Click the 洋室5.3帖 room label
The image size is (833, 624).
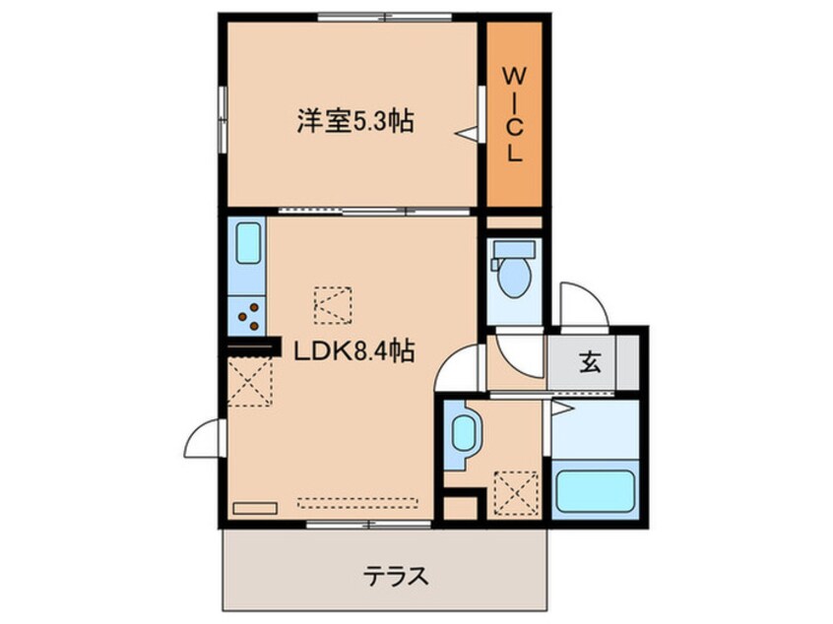click(x=355, y=120)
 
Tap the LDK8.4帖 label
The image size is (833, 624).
click(x=354, y=350)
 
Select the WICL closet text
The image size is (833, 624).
click(x=514, y=116)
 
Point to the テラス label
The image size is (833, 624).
click(x=396, y=576)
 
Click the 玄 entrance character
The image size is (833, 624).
click(x=590, y=362)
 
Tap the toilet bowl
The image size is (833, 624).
click(x=515, y=278)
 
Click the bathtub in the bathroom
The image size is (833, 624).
click(x=595, y=491)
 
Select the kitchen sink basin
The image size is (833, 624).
click(x=249, y=243)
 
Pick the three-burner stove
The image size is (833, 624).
click(x=249, y=316)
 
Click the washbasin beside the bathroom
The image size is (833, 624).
click(x=465, y=434)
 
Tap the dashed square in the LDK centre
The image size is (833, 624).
click(x=333, y=305)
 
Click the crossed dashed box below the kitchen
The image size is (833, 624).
click(x=250, y=382)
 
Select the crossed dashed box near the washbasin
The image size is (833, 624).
click(x=517, y=493)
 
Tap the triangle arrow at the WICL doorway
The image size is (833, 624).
click(x=467, y=133)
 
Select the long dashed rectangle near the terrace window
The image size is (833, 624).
click(x=357, y=502)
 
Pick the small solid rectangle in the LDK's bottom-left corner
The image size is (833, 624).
click(x=255, y=508)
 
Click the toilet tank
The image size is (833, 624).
click(x=514, y=249)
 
